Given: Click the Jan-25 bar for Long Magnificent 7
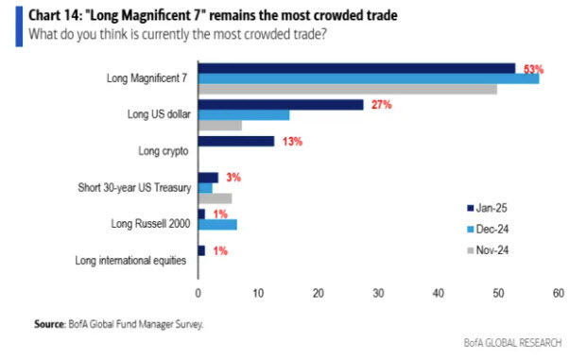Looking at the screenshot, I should point(356,67).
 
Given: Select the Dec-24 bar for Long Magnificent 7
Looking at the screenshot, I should point(369,77).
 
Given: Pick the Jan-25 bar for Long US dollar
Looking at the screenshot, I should point(281,104).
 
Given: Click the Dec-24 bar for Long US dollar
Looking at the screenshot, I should point(244,114).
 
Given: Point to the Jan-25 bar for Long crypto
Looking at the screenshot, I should point(236,141).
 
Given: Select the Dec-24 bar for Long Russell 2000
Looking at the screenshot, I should point(217,224).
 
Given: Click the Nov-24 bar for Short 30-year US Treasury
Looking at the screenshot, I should point(215,198).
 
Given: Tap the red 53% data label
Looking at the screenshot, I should point(536,68).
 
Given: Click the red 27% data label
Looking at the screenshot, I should point(381,105).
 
